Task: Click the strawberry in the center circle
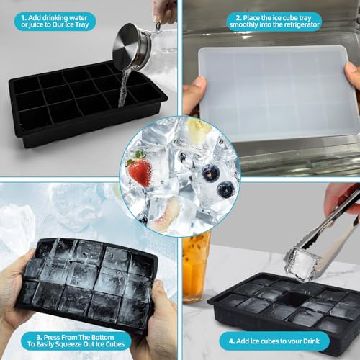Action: point(139,170)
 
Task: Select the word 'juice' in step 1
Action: point(33,27)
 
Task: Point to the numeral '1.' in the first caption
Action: point(24,17)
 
